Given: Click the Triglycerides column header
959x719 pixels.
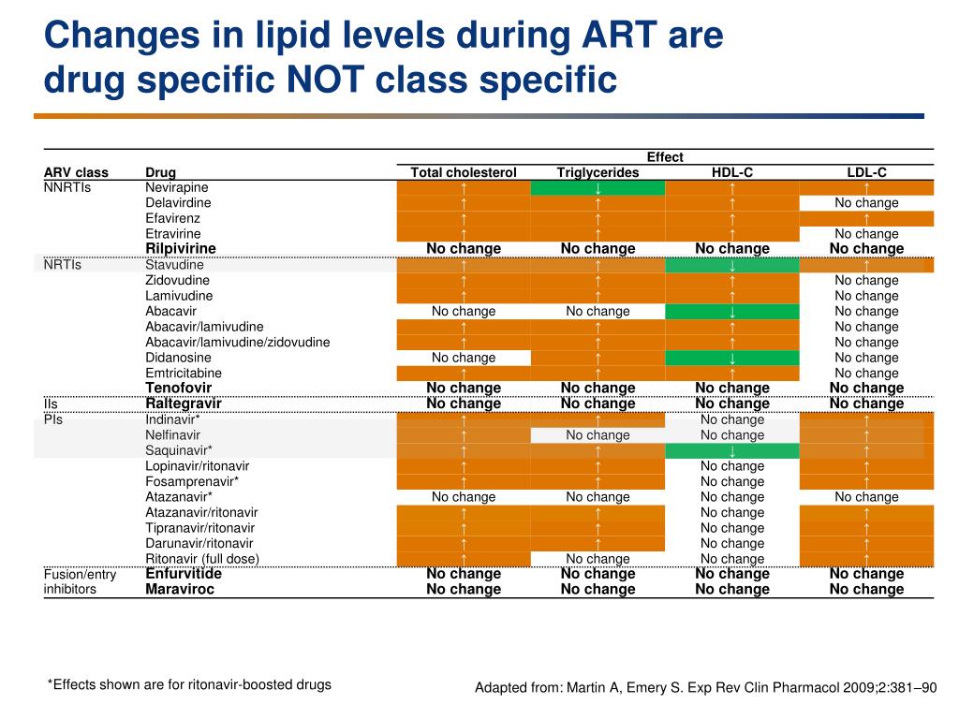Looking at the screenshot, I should [x=598, y=172].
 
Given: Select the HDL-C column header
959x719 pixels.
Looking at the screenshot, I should [x=731, y=172].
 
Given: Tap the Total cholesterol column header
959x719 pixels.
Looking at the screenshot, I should [x=464, y=172].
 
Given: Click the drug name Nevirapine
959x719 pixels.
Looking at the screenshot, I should [x=177, y=187].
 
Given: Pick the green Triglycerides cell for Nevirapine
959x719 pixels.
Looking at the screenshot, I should [x=598, y=187].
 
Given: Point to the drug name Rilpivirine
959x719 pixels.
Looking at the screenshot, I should [x=181, y=248].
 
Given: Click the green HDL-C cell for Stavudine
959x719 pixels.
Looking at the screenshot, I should [x=731, y=265].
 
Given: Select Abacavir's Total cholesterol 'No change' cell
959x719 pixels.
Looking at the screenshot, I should [x=464, y=311].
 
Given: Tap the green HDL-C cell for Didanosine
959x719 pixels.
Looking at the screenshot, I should [x=731, y=358].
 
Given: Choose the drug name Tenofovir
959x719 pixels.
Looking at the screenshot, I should [x=178, y=388].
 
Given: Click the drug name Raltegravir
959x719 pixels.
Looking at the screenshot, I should [x=184, y=404].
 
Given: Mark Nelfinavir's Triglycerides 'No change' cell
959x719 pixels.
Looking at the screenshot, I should [x=598, y=434].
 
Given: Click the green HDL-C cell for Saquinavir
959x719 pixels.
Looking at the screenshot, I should [x=731, y=450].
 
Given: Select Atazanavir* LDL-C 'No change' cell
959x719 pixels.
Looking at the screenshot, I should [x=866, y=497].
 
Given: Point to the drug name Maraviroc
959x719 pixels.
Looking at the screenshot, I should [x=180, y=589].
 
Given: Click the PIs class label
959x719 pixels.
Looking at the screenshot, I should [x=54, y=419].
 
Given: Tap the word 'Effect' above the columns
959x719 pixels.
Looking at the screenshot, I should [x=665, y=157].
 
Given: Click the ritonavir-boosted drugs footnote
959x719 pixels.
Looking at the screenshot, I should [x=189, y=684].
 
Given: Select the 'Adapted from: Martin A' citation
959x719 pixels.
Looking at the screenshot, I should [x=705, y=688].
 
